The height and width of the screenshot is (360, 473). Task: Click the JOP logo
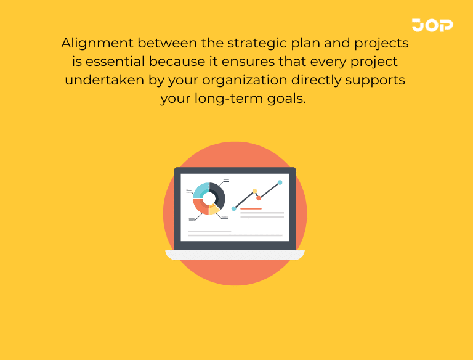[432, 25]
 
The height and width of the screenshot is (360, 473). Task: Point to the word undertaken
[100, 81]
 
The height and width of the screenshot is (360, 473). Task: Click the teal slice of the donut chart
[201, 189]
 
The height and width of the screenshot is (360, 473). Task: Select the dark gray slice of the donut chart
[218, 194]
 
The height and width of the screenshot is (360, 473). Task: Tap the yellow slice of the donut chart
[214, 210]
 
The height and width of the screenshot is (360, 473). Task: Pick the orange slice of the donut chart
[200, 207]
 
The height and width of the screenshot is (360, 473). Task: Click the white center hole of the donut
[209, 198]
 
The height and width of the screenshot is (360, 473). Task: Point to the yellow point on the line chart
[254, 191]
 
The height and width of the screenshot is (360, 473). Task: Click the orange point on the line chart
[259, 198]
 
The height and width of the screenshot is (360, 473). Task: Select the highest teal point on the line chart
[280, 182]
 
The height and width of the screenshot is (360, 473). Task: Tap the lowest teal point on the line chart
[233, 209]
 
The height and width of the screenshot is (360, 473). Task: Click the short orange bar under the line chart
[251, 209]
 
